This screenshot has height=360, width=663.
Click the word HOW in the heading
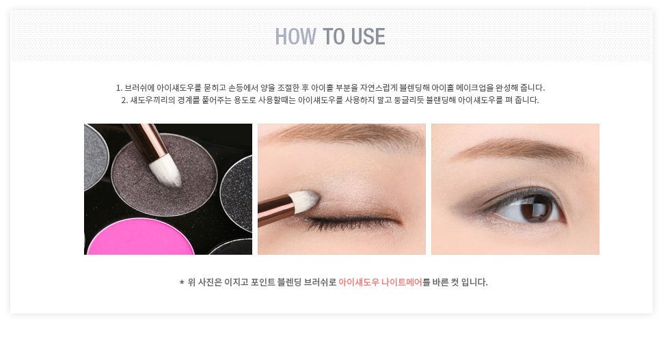click(295, 36)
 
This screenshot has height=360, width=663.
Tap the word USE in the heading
click(368, 36)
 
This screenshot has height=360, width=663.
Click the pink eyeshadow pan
click(141, 238)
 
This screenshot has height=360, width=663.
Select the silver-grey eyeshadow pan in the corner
click(95, 156)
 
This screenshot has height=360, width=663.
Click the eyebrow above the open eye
click(518, 151)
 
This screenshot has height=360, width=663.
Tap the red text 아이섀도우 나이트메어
click(380, 282)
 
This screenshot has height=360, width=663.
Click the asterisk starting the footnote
click(182, 282)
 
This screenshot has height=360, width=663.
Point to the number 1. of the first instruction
click(119, 88)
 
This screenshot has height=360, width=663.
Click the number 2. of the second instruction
click(124, 100)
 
